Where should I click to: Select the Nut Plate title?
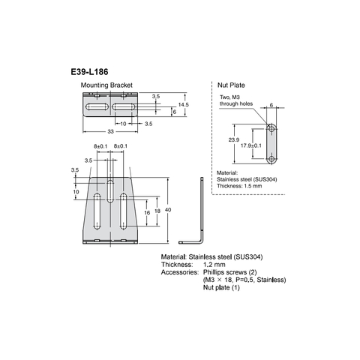[232, 86]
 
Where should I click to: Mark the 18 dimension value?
[156, 212]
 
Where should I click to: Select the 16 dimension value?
[147, 213]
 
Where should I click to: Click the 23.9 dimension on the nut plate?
[233, 139]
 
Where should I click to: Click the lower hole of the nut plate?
[271, 158]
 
